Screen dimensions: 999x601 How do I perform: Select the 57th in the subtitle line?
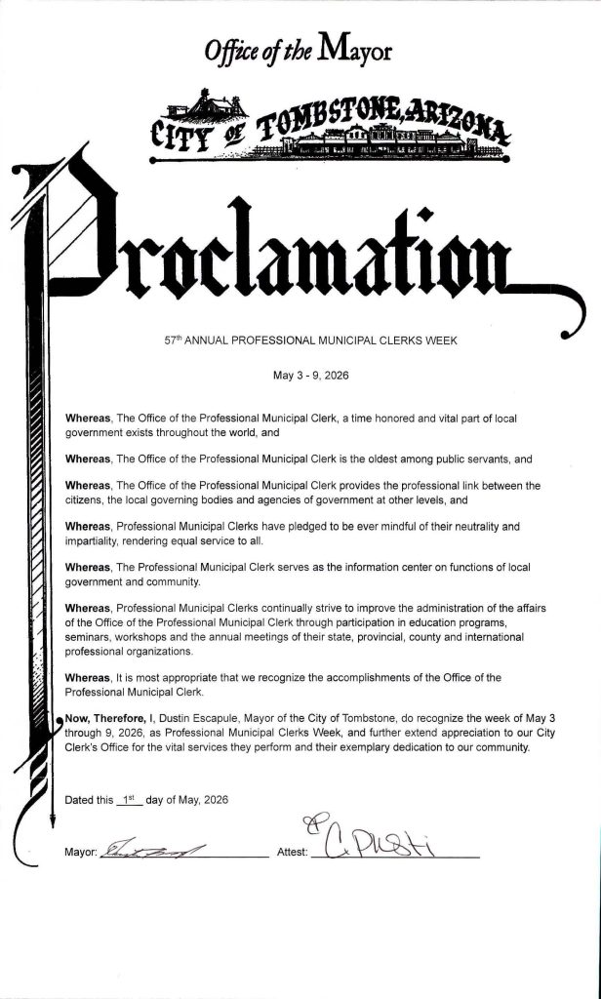pos(174,341)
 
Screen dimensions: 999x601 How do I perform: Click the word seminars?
pos(88,637)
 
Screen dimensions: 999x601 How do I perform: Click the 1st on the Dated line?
pos(129,799)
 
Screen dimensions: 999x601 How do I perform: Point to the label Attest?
pos(293,852)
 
